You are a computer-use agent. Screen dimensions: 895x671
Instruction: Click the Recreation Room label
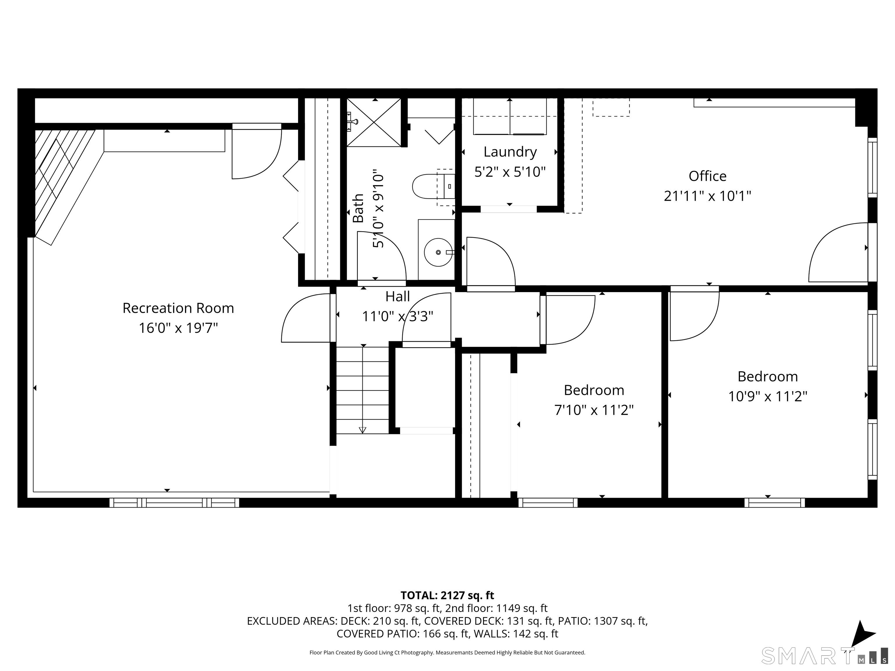point(178,308)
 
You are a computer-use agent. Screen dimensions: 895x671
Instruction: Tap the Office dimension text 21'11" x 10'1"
point(707,196)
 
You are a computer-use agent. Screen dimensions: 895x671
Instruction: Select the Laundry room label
point(510,152)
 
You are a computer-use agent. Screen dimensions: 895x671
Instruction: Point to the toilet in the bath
point(433,186)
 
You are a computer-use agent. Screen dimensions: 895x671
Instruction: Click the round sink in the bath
point(438,252)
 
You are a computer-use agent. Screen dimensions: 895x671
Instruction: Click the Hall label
point(397,296)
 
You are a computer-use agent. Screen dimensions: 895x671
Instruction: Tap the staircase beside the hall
point(362,390)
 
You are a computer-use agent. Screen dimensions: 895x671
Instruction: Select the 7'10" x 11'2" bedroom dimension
point(593,410)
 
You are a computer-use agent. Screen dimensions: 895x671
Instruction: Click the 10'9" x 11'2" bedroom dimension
point(768,396)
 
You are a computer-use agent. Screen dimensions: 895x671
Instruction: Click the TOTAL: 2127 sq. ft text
point(447,595)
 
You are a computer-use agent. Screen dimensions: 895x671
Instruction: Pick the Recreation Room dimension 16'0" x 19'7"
point(178,328)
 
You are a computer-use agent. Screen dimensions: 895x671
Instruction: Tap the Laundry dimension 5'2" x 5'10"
point(510,172)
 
